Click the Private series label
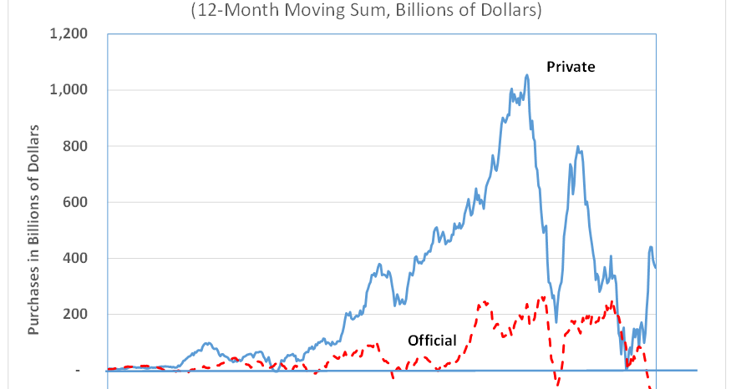(571, 67)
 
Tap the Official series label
(432, 341)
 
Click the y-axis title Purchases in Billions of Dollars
(35, 229)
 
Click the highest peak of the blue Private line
(526, 75)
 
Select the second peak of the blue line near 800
(578, 147)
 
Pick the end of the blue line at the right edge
(656, 267)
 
